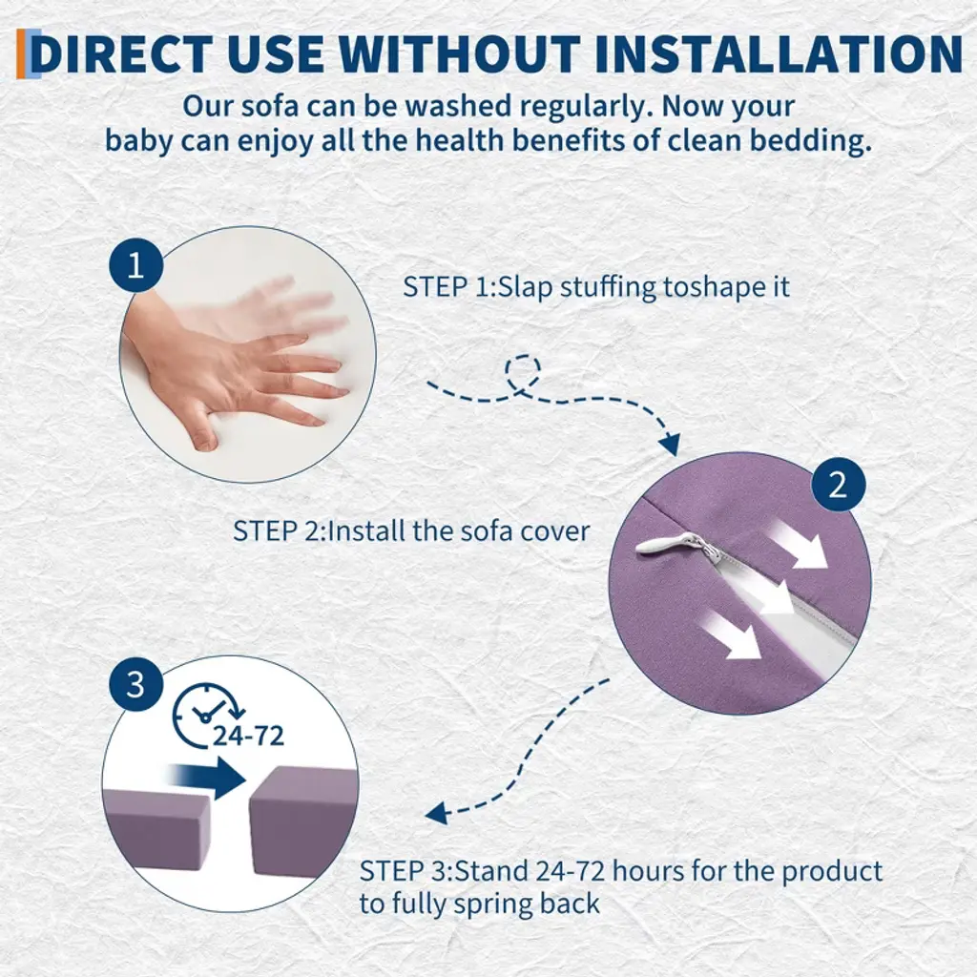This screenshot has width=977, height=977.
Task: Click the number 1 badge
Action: [135, 265]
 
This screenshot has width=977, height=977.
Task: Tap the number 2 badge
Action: [838, 484]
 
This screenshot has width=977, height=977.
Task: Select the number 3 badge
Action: [135, 684]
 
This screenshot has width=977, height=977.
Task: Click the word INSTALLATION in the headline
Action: [779, 53]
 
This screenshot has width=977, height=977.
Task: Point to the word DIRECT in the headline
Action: [121, 53]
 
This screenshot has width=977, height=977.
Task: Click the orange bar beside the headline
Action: [22, 53]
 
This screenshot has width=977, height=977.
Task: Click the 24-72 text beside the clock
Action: [249, 736]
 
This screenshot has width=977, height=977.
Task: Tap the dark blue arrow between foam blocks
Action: [209, 777]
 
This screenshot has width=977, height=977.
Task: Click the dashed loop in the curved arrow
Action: [523, 374]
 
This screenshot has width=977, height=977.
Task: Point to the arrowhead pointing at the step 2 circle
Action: [670, 444]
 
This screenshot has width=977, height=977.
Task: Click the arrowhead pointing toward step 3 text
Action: [437, 813]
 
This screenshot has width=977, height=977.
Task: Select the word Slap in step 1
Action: [526, 287]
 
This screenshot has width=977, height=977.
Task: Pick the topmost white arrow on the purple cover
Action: [797, 544]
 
